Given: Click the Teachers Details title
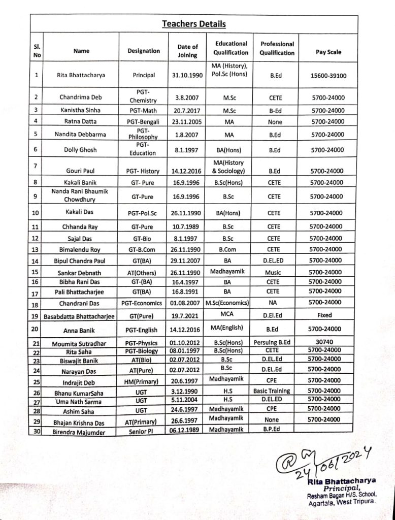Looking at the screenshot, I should click(194, 24).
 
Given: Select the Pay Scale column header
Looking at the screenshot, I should click(328, 52).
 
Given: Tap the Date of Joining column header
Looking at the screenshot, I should click(187, 51).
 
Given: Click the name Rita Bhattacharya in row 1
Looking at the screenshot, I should click(81, 75).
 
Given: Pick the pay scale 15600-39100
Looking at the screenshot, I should click(328, 75).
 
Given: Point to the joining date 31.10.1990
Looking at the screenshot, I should click(187, 75).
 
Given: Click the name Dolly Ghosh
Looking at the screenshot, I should click(80, 150).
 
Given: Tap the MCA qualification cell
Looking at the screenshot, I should click(227, 314).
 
